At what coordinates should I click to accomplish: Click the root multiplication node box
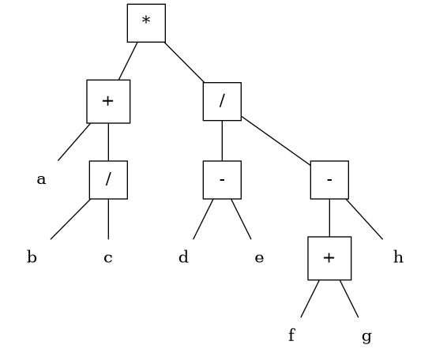[146, 23]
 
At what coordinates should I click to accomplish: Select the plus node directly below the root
[108, 102]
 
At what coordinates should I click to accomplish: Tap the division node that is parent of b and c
[108, 180]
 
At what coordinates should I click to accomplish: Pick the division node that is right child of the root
[223, 101]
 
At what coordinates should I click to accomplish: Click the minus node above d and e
[223, 180]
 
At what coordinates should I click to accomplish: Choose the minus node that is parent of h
[329, 180]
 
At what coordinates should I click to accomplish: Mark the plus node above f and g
[329, 258]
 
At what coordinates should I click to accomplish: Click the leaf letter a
[41, 179]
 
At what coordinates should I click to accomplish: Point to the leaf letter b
[32, 257]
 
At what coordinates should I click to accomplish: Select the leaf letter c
[108, 258]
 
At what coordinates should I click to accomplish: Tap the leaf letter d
[183, 257]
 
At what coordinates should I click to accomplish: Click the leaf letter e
[259, 258]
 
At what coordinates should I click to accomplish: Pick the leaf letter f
[292, 335]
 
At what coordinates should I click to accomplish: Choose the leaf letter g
[366, 337]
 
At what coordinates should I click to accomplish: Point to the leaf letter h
[398, 257]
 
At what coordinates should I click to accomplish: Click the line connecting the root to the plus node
[128, 61]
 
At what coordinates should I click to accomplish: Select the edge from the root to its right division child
[184, 62]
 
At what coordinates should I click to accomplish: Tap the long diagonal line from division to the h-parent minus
[276, 141]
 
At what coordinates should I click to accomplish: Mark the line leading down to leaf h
[365, 219]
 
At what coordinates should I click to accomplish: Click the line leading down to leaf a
[74, 142]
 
